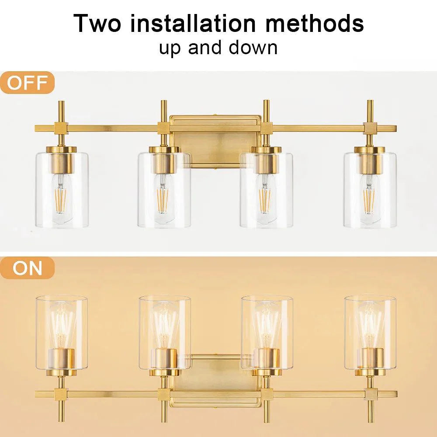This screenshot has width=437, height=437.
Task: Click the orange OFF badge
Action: pyautogui.click(x=27, y=83)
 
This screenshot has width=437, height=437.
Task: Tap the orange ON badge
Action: pyautogui.click(x=27, y=268)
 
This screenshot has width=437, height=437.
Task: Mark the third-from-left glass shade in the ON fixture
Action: pyautogui.click(x=267, y=332)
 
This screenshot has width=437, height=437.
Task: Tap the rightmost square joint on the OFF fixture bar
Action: pyautogui.click(x=370, y=128)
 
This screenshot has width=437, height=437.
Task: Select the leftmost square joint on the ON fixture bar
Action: pyautogui.click(x=60, y=393)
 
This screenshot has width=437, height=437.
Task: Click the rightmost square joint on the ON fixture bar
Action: pyautogui.click(x=370, y=393)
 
